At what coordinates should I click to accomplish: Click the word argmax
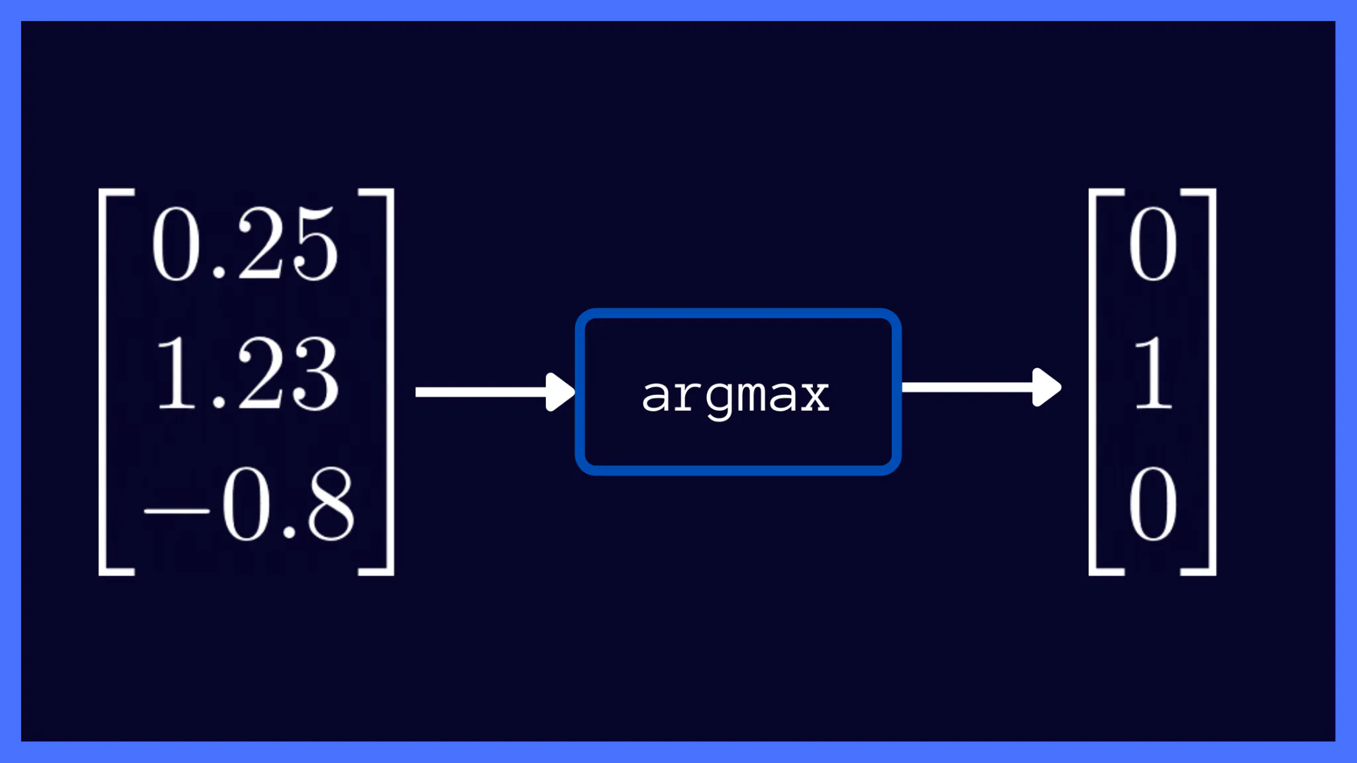tap(735, 396)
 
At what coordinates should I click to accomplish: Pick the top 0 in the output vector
tap(1153, 243)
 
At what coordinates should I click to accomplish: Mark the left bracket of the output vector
tap(1094, 381)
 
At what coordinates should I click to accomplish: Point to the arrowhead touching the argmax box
tap(560, 392)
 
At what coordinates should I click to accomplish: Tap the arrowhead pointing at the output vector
tap(1047, 387)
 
